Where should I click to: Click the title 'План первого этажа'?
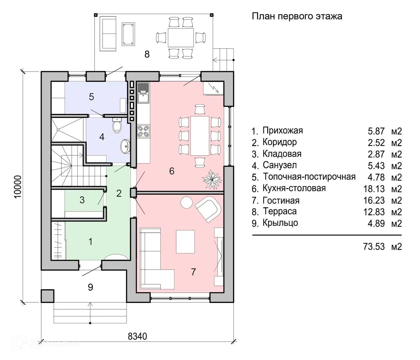click(x=296, y=16)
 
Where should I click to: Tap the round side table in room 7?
click(x=186, y=202)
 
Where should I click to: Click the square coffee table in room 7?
click(x=186, y=241)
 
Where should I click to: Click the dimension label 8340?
click(x=137, y=336)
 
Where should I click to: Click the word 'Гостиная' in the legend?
click(x=281, y=200)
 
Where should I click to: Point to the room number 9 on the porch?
click(x=90, y=287)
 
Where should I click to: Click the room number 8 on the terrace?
click(x=147, y=54)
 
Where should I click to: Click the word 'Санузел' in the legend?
click(x=279, y=165)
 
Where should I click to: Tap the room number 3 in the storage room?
click(x=82, y=200)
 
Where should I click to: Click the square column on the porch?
click(x=47, y=296)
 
